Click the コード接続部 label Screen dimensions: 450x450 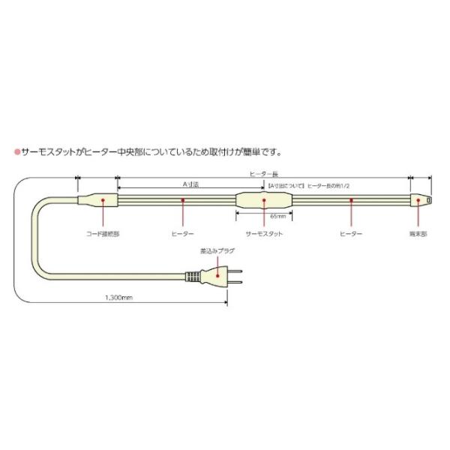[102, 234]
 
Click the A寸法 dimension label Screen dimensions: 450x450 [190, 183]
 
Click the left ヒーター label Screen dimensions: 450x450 [183, 234]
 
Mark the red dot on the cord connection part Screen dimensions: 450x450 [102, 200]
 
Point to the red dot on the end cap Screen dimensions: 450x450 [418, 200]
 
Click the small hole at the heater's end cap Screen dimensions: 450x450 [427, 200]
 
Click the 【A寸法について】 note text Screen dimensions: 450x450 [285, 183]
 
